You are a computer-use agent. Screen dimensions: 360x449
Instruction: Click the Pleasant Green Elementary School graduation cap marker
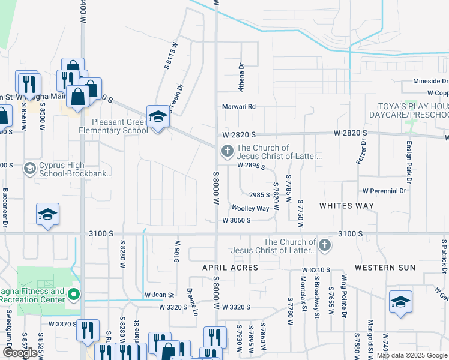click(157, 117)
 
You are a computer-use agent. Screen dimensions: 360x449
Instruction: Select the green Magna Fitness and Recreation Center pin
click(74, 295)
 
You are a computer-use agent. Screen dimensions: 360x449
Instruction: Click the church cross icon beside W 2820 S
click(227, 151)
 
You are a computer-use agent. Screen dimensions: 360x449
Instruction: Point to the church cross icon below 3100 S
click(324, 245)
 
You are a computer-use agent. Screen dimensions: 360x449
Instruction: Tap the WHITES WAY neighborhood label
click(346, 206)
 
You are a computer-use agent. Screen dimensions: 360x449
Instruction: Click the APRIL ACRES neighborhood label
click(230, 267)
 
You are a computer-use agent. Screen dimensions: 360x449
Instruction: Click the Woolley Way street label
click(250, 208)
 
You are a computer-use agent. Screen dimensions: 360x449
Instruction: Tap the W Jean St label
click(159, 295)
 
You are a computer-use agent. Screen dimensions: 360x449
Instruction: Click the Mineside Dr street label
click(428, 81)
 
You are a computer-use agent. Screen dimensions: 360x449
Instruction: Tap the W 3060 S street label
click(235, 220)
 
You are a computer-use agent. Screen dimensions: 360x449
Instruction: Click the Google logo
click(19, 353)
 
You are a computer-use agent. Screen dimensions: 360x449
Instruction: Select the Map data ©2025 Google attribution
click(411, 355)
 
